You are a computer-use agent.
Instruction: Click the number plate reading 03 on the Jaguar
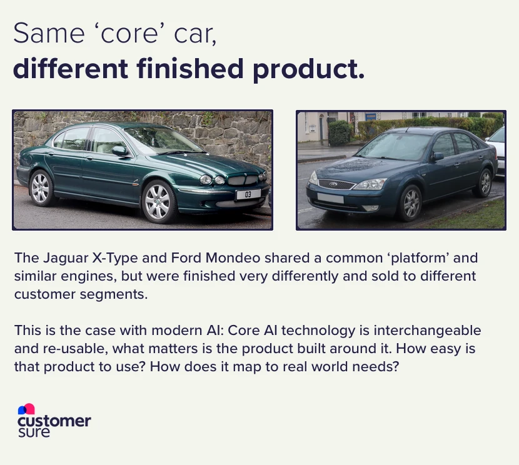tap(248, 195)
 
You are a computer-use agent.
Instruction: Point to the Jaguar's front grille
tap(243, 180)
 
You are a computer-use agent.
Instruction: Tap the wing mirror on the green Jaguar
tap(119, 151)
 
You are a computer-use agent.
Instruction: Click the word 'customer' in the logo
tap(54, 421)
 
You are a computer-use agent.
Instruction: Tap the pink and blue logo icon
tap(26, 409)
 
